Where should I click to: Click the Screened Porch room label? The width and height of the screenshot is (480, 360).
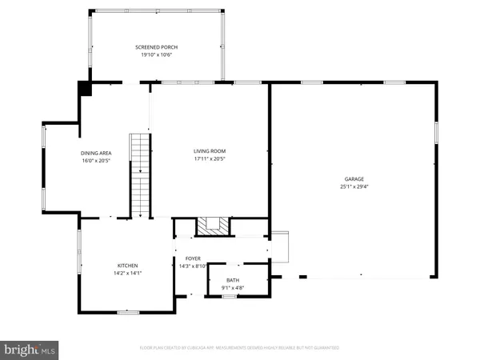click(154, 47)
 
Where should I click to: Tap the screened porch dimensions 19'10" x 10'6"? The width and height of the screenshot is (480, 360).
click(154, 54)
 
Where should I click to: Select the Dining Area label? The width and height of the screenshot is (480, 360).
click(95, 153)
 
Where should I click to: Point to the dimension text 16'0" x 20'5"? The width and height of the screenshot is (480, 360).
click(95, 160)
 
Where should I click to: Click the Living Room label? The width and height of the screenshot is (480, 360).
click(210, 150)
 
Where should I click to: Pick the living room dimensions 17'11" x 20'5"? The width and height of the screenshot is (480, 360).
click(210, 158)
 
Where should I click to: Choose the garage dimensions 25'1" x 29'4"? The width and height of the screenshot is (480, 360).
click(354, 186)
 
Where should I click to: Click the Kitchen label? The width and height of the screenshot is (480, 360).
click(128, 265)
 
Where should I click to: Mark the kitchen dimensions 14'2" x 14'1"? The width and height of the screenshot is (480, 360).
click(128, 273)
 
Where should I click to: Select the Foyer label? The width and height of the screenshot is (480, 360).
click(193, 258)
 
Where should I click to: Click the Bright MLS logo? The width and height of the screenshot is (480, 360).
click(30, 349)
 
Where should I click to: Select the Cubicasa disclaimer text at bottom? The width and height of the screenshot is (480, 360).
click(240, 348)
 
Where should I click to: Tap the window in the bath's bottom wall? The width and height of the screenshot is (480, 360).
click(228, 297)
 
